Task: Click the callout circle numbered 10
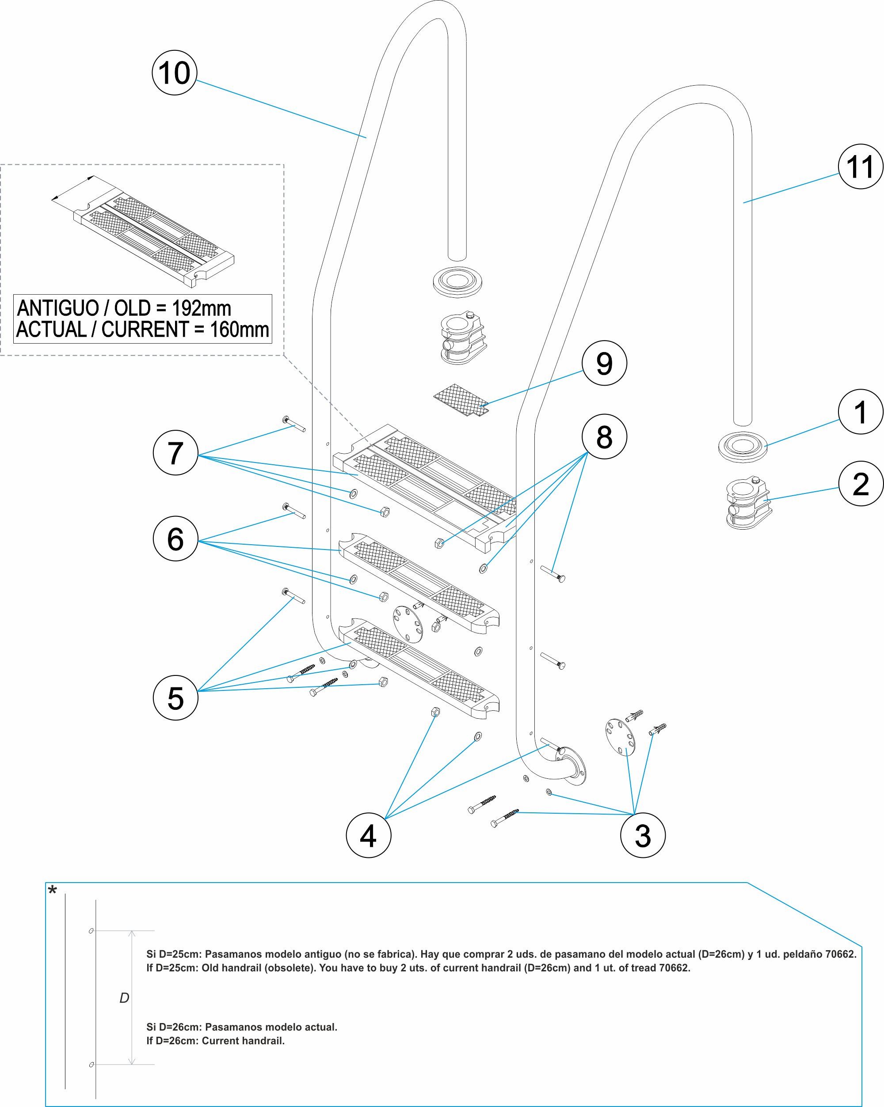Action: click(175, 73)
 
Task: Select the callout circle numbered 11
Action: click(861, 167)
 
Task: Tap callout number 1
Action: click(861, 412)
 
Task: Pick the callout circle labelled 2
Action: click(861, 484)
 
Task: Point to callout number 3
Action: click(643, 835)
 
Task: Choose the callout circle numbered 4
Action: click(368, 835)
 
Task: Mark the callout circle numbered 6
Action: click(175, 538)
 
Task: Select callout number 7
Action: click(175, 453)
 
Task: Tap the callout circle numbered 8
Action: click(604, 436)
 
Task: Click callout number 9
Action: click(604, 363)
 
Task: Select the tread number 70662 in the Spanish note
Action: click(840, 954)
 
